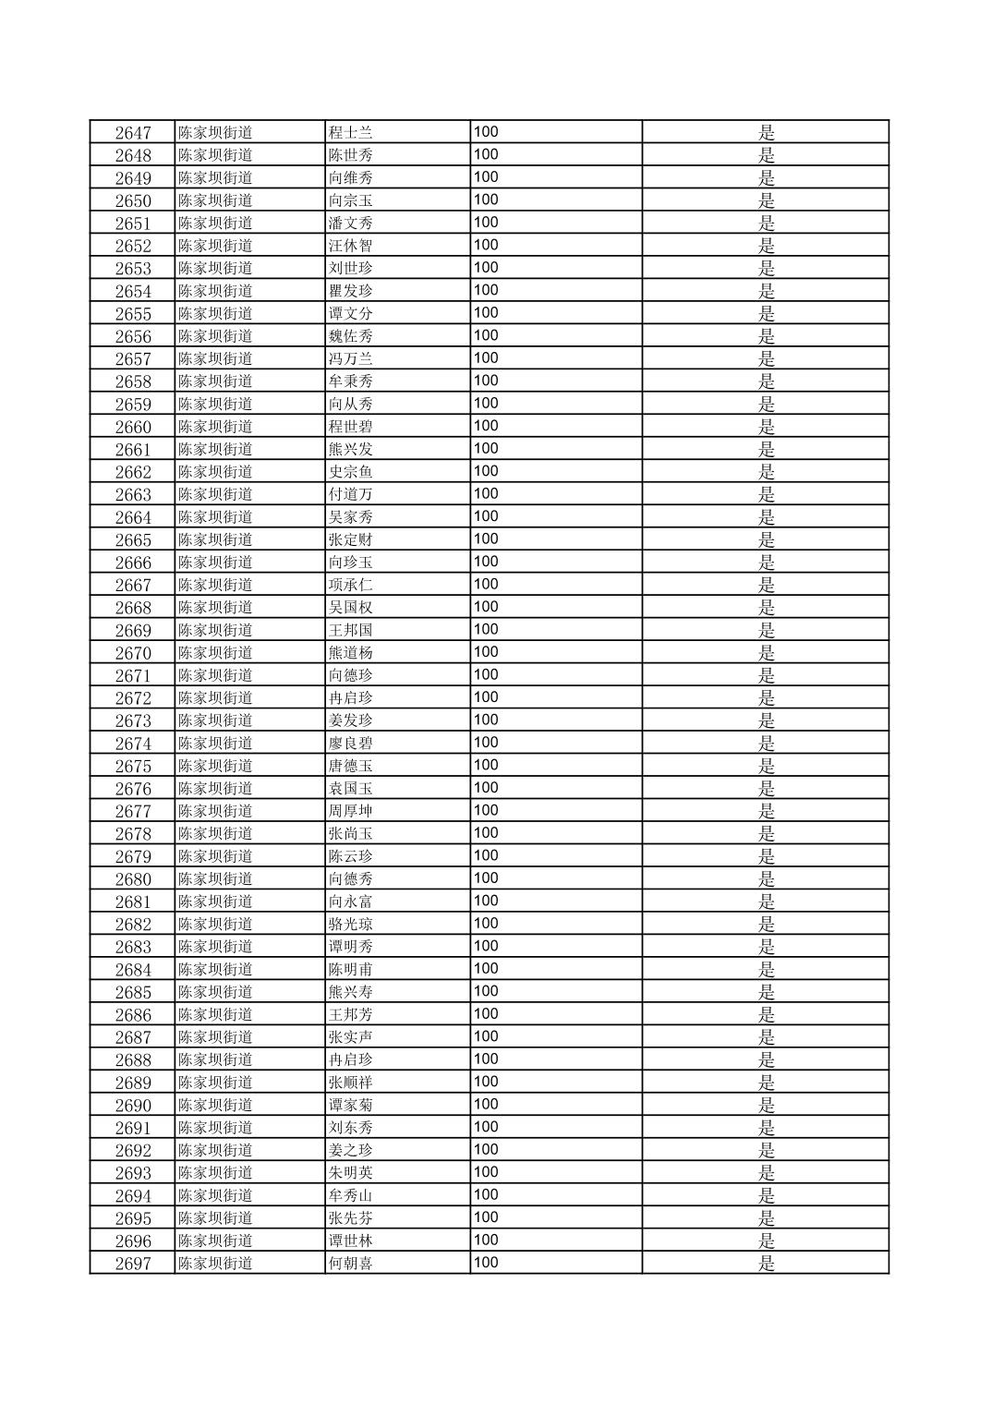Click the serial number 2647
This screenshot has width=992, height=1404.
(132, 132)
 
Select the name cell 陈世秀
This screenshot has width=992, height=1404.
(351, 155)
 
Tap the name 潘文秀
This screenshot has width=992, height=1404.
(351, 223)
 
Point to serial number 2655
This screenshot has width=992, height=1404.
(132, 313)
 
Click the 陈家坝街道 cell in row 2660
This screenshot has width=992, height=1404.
(215, 427)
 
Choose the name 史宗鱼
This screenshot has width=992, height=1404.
(351, 472)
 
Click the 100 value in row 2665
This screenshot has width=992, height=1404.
(486, 539)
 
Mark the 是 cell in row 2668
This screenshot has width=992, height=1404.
(766, 608)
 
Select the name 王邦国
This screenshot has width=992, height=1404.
(351, 630)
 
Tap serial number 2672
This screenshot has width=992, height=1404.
(132, 698)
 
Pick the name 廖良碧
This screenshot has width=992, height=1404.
(351, 744)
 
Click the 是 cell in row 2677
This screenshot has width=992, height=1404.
(766, 811)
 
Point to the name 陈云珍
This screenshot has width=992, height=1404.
(351, 856)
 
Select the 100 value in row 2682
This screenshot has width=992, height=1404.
(486, 924)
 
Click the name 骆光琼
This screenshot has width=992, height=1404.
(351, 925)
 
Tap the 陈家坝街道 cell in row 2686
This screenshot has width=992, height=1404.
(215, 1015)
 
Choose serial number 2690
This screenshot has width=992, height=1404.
(132, 1106)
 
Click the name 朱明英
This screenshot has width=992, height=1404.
(351, 1173)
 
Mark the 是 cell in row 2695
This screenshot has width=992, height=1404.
(766, 1218)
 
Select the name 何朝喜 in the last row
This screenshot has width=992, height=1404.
(351, 1264)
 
